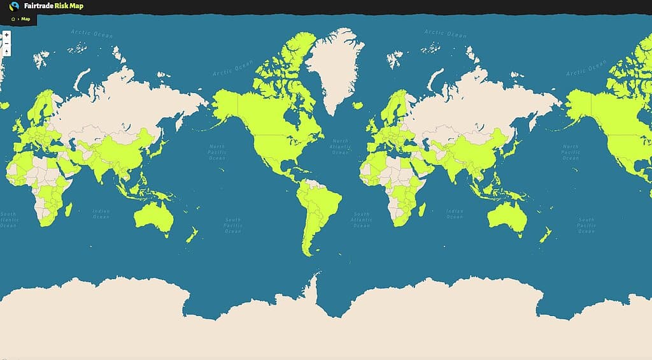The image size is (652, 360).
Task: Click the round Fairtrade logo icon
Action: (x=14, y=6)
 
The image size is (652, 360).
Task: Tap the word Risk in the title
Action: (x=62, y=6)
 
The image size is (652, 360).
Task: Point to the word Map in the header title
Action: (x=77, y=6)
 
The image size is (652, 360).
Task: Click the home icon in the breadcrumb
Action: (x=13, y=19)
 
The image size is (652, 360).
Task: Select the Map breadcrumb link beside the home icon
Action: (x=25, y=19)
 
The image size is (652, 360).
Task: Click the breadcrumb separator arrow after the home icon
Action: (x=18, y=19)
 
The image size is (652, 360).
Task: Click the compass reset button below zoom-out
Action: (x=6, y=52)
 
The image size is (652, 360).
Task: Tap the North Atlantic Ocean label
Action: (x=341, y=147)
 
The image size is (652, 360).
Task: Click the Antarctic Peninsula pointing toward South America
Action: (x=314, y=280)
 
